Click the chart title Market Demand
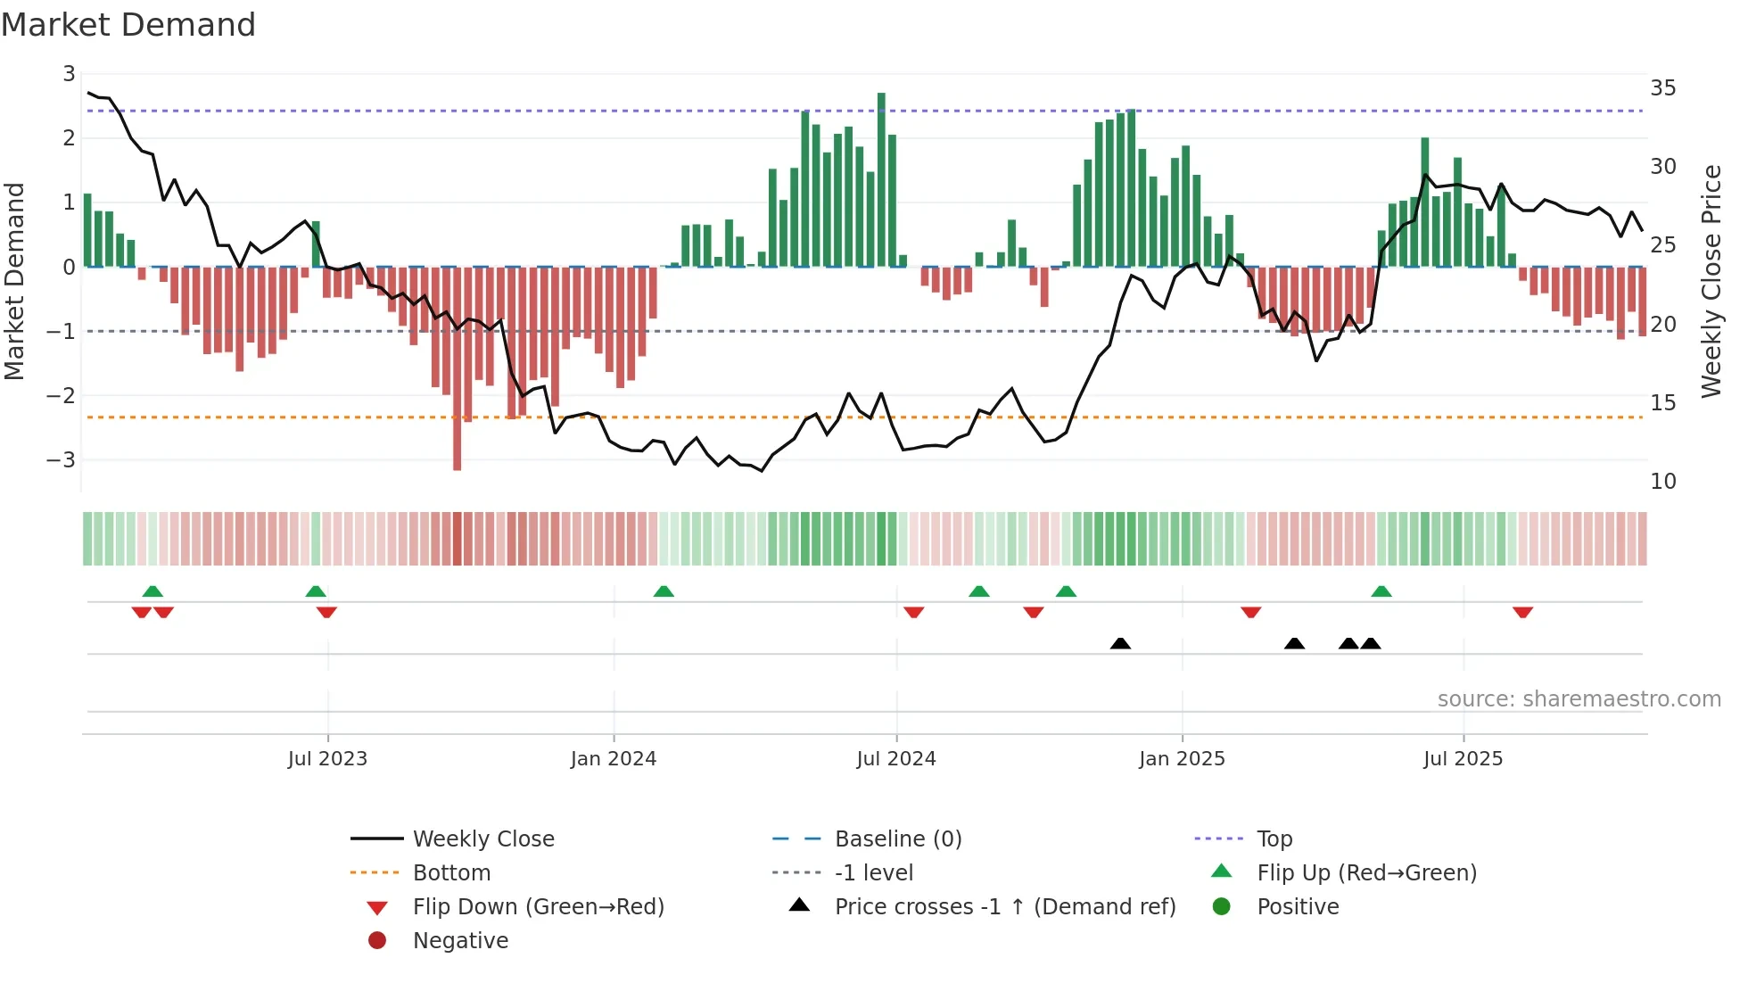(128, 25)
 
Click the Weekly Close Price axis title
(1711, 281)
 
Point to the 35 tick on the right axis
(1662, 88)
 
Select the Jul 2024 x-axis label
(895, 759)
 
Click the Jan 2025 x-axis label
(1182, 759)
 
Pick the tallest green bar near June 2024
(881, 178)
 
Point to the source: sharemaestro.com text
(1579, 699)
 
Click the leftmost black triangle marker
(1120, 644)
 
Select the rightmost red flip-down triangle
(1522, 612)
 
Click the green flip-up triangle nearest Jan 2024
(664, 591)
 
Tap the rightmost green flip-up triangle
(1381, 591)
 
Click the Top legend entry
(1274, 839)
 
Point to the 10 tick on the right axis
(1662, 482)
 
